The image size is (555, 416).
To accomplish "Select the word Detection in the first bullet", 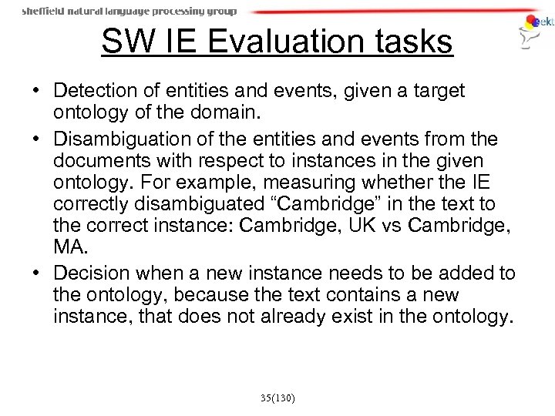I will click(x=103, y=92).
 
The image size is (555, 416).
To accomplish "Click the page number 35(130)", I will click(x=277, y=398).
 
